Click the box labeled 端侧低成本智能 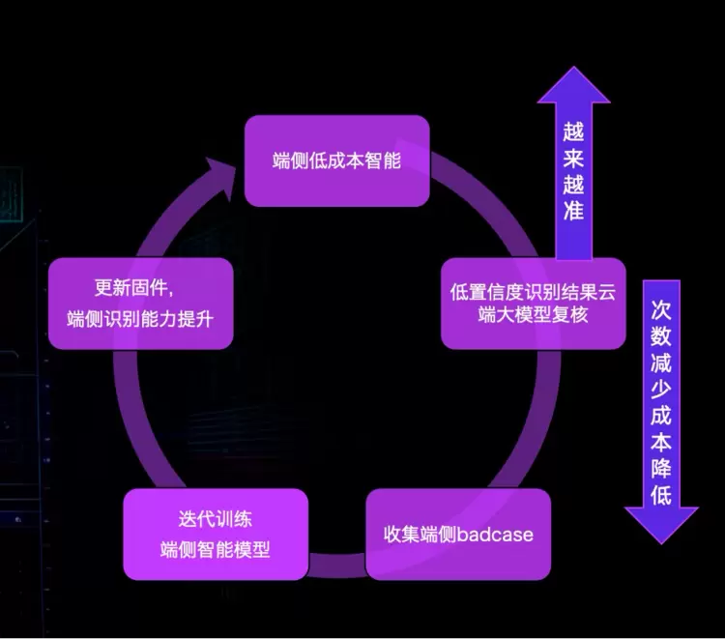coord(336,160)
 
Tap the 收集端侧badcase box coord(457,534)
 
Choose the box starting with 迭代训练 coord(216,534)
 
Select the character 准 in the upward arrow coord(574,210)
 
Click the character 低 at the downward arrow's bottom coord(661,496)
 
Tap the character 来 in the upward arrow coord(574,158)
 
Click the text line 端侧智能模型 coord(216,549)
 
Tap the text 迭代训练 coord(216,520)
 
